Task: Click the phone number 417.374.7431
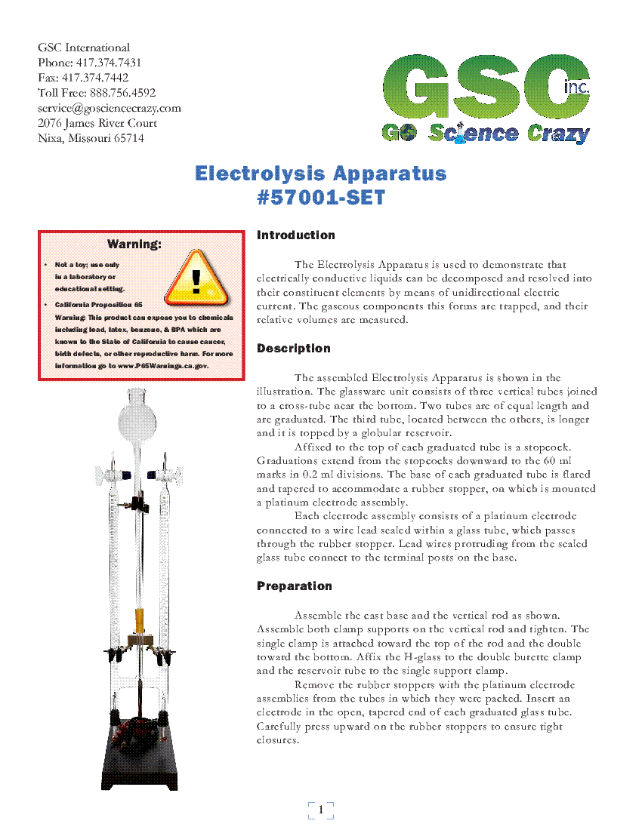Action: click(107, 63)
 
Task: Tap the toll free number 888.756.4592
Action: click(122, 93)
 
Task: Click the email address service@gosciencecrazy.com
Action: click(110, 108)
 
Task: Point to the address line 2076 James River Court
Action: click(97, 123)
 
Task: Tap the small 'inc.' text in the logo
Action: click(577, 88)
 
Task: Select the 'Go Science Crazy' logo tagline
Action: click(486, 134)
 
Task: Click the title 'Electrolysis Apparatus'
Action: click(321, 174)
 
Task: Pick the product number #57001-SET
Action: click(321, 198)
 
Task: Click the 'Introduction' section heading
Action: click(295, 235)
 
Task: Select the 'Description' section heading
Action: click(293, 349)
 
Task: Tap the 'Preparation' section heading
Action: click(294, 586)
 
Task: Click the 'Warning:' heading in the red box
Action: click(134, 244)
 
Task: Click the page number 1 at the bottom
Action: click(321, 810)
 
